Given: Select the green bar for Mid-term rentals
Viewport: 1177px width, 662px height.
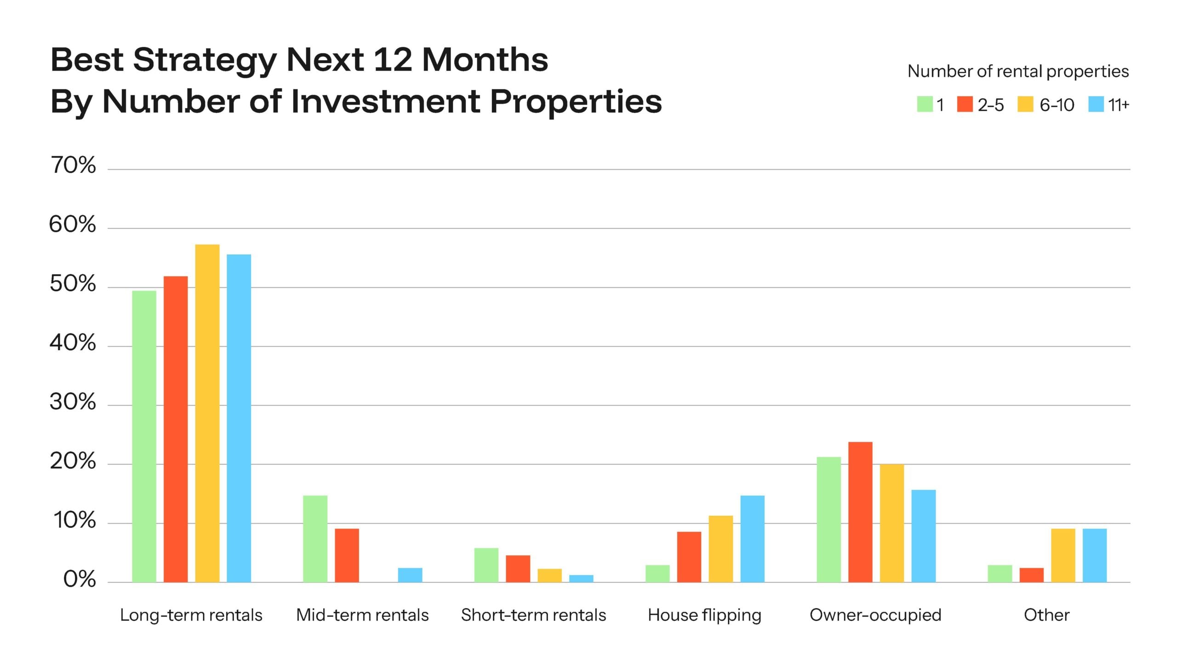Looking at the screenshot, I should point(315,538).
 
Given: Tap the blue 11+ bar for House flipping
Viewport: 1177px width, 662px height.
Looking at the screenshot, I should point(752,538).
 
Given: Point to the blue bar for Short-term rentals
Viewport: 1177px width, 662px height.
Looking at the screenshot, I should point(581,578).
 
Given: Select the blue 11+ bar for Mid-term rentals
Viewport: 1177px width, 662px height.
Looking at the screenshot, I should point(410,575).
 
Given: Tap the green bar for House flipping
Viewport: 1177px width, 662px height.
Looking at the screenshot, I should point(657,573).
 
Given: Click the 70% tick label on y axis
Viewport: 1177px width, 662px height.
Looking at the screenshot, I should point(73,165).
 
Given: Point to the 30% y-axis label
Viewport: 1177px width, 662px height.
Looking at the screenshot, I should point(73,402).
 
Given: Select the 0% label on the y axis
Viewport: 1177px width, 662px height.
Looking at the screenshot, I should point(79,580).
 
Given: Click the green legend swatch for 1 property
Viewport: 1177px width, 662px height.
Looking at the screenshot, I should point(925,104).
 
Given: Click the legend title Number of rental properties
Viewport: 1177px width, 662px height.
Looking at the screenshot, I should point(1018,71).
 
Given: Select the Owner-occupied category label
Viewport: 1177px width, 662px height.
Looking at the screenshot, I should point(875,615).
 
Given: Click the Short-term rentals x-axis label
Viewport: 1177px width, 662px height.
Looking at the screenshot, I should point(533,615).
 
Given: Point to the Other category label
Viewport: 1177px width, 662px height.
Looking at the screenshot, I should point(1046,615).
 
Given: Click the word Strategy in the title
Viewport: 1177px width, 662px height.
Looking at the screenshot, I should point(205,61).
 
